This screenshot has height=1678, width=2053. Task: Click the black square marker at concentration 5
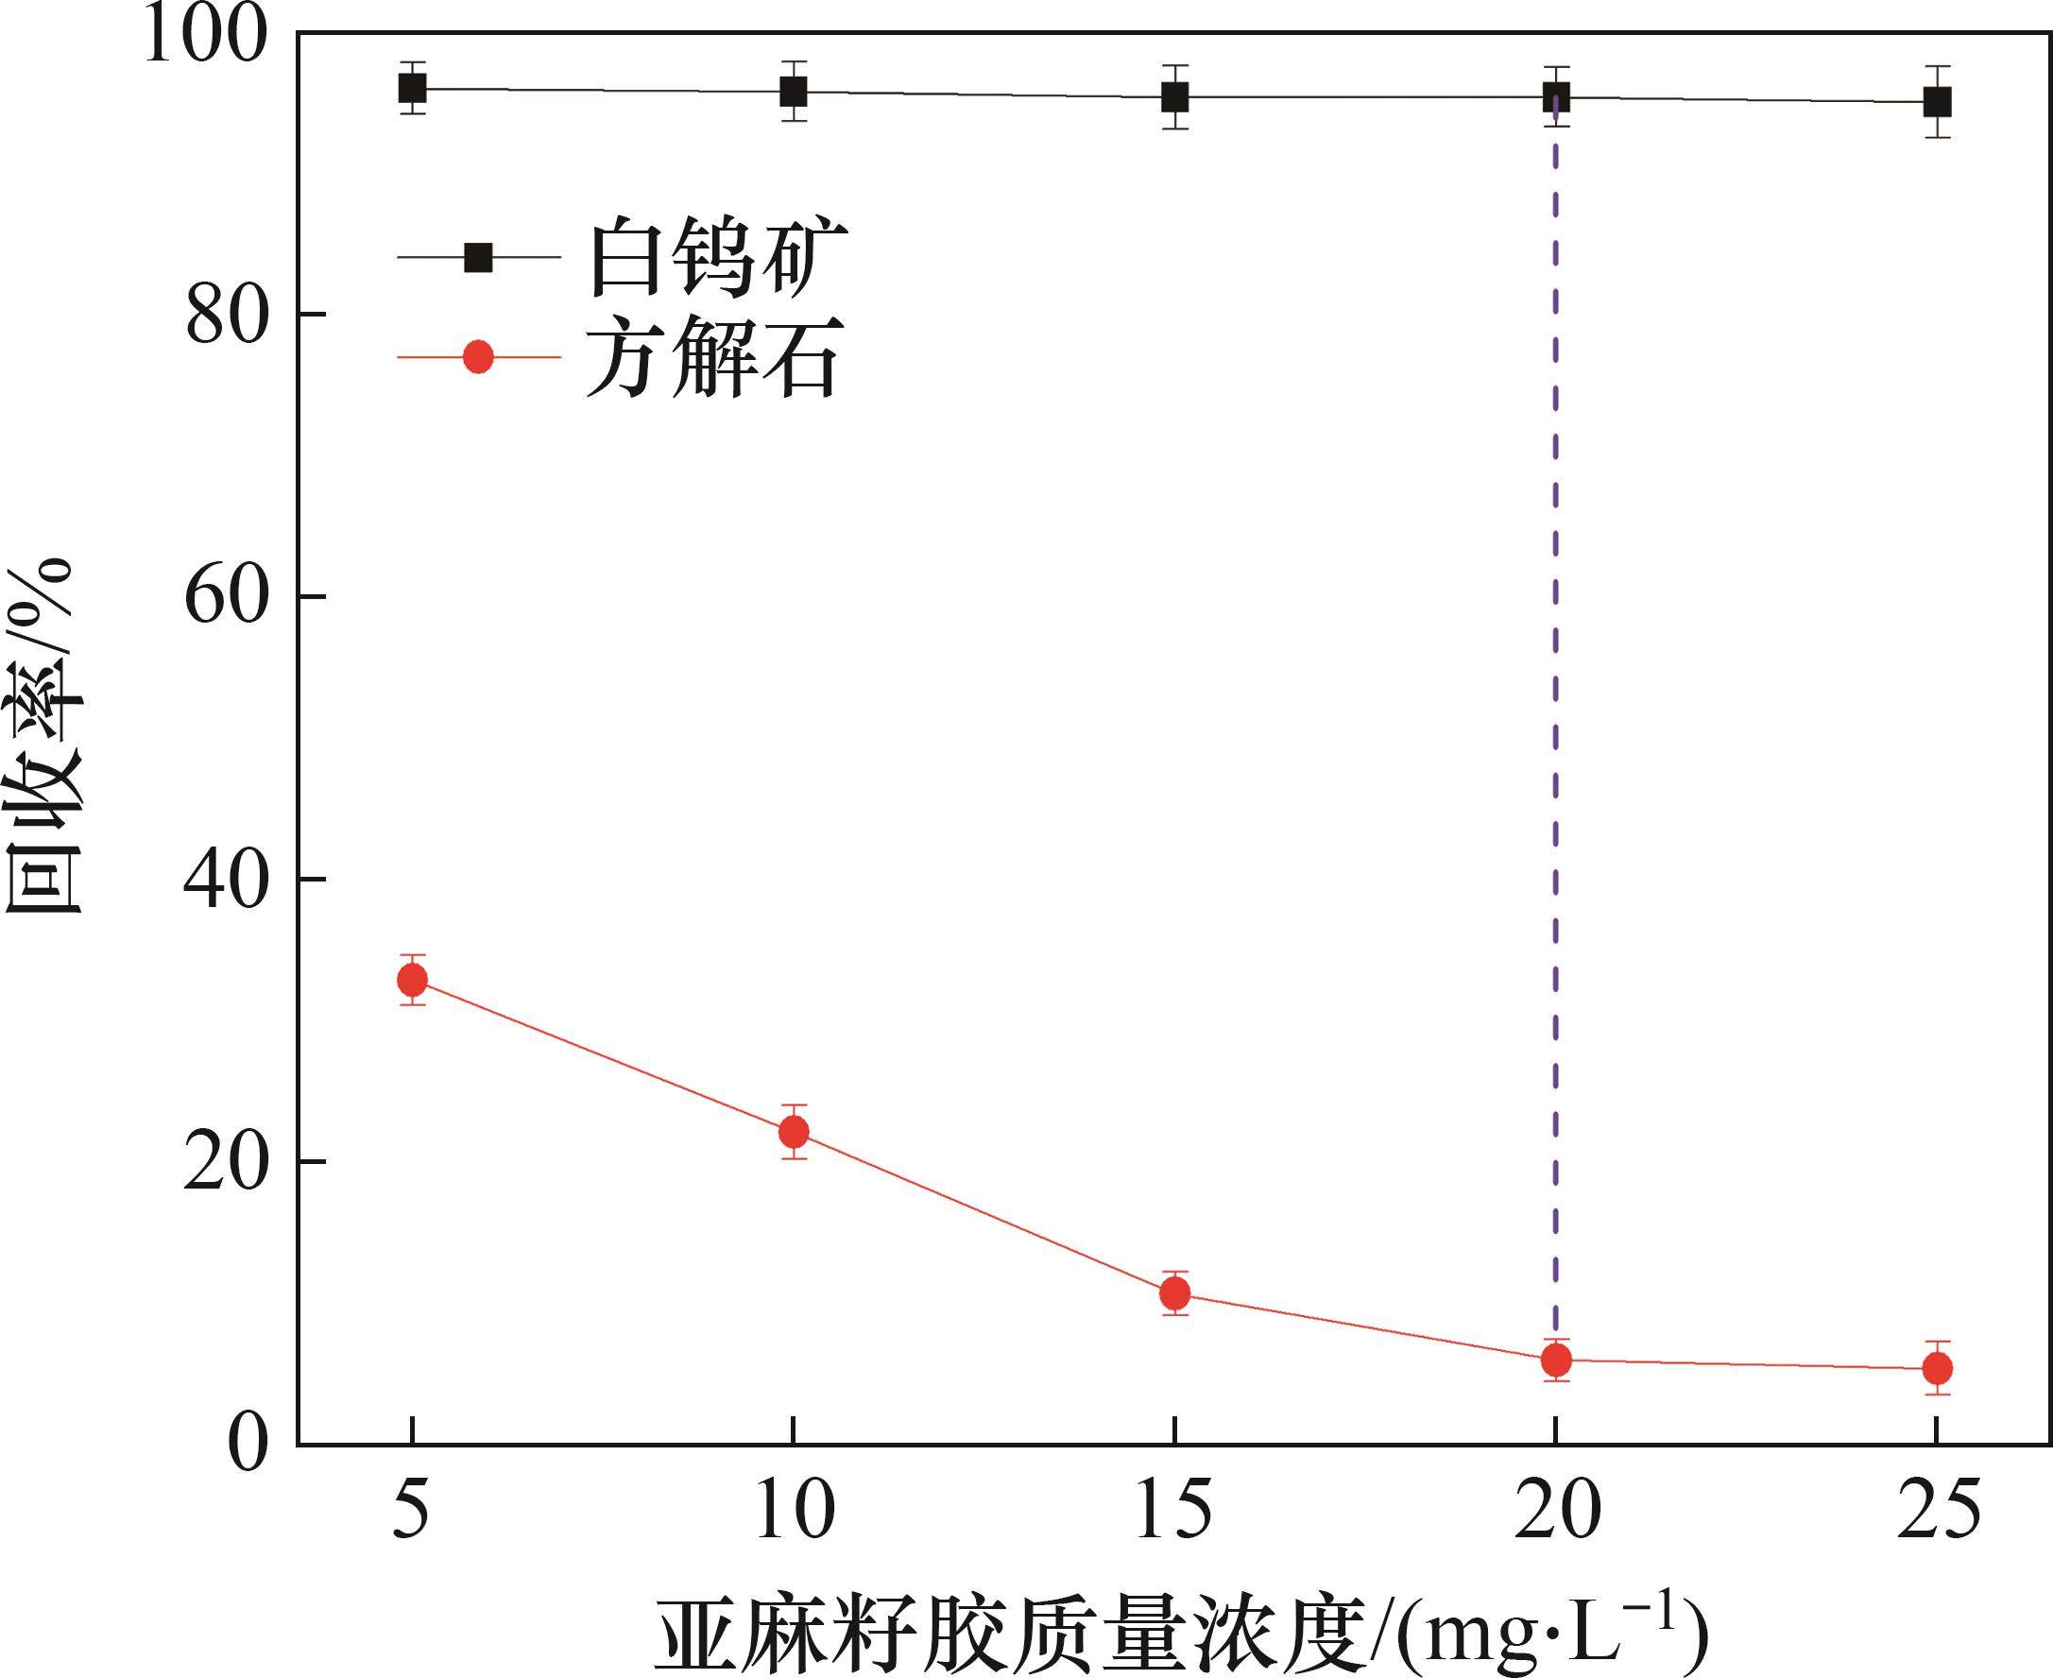click(413, 89)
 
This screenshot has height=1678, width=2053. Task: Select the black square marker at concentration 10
click(794, 92)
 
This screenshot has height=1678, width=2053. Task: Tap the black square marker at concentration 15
click(1174, 96)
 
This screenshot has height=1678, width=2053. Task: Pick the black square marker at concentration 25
click(1936, 101)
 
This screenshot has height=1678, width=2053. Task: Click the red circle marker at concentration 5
click(413, 980)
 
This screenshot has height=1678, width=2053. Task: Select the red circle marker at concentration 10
click(794, 1131)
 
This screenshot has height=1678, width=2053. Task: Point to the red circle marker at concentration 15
click(1174, 1293)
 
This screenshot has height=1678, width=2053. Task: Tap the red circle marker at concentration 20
click(1555, 1360)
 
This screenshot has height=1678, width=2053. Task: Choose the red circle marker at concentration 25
click(1936, 1368)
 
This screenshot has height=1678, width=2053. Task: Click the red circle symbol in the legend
click(478, 358)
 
